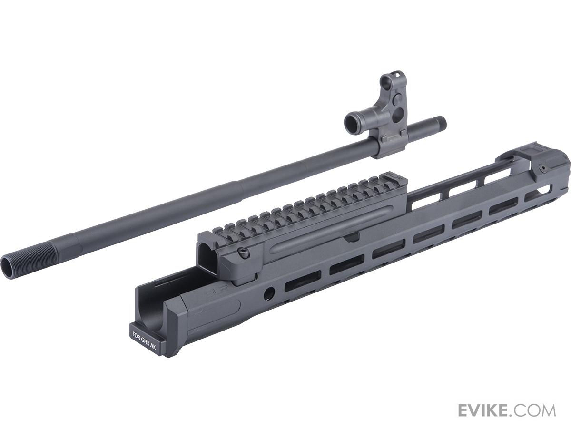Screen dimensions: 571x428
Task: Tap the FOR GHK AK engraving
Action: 144,340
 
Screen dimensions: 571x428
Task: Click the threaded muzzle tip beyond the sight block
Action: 440,124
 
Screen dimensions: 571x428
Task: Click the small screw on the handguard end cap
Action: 542,168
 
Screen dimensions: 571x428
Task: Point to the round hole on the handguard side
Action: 269,293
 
